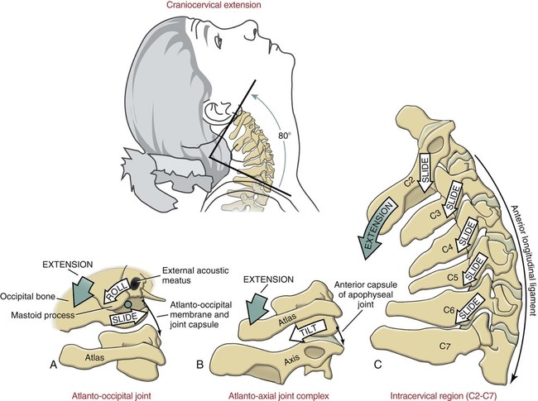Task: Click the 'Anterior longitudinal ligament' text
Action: tap(513, 241)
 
